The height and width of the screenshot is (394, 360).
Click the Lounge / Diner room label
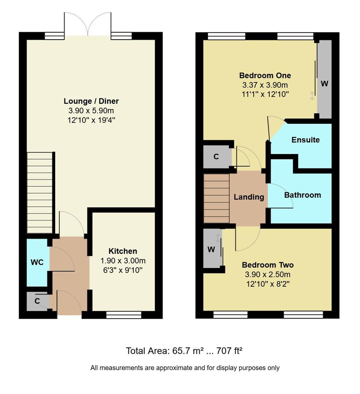(x=91, y=101)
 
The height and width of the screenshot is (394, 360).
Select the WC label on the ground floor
(x=37, y=262)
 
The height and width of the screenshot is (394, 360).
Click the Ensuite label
(x=305, y=140)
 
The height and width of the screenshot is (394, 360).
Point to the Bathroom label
(x=302, y=195)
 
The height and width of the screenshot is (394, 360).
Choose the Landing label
(x=249, y=197)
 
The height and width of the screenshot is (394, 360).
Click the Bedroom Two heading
(x=268, y=265)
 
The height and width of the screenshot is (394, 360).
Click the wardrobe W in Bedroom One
(x=324, y=83)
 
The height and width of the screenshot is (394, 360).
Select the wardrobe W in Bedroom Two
(x=211, y=250)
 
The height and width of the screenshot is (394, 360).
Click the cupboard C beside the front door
(x=37, y=301)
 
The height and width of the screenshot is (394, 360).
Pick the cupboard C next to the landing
(x=216, y=157)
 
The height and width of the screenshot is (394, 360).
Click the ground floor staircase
(x=40, y=192)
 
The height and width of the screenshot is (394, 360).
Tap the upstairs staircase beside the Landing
(x=217, y=198)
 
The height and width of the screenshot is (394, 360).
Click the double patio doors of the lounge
(x=88, y=24)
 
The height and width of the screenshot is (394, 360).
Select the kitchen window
(x=124, y=315)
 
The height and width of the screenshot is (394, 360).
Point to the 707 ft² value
(x=230, y=351)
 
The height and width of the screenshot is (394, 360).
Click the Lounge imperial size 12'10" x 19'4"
(x=91, y=120)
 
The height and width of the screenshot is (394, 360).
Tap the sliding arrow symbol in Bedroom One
(x=311, y=96)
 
